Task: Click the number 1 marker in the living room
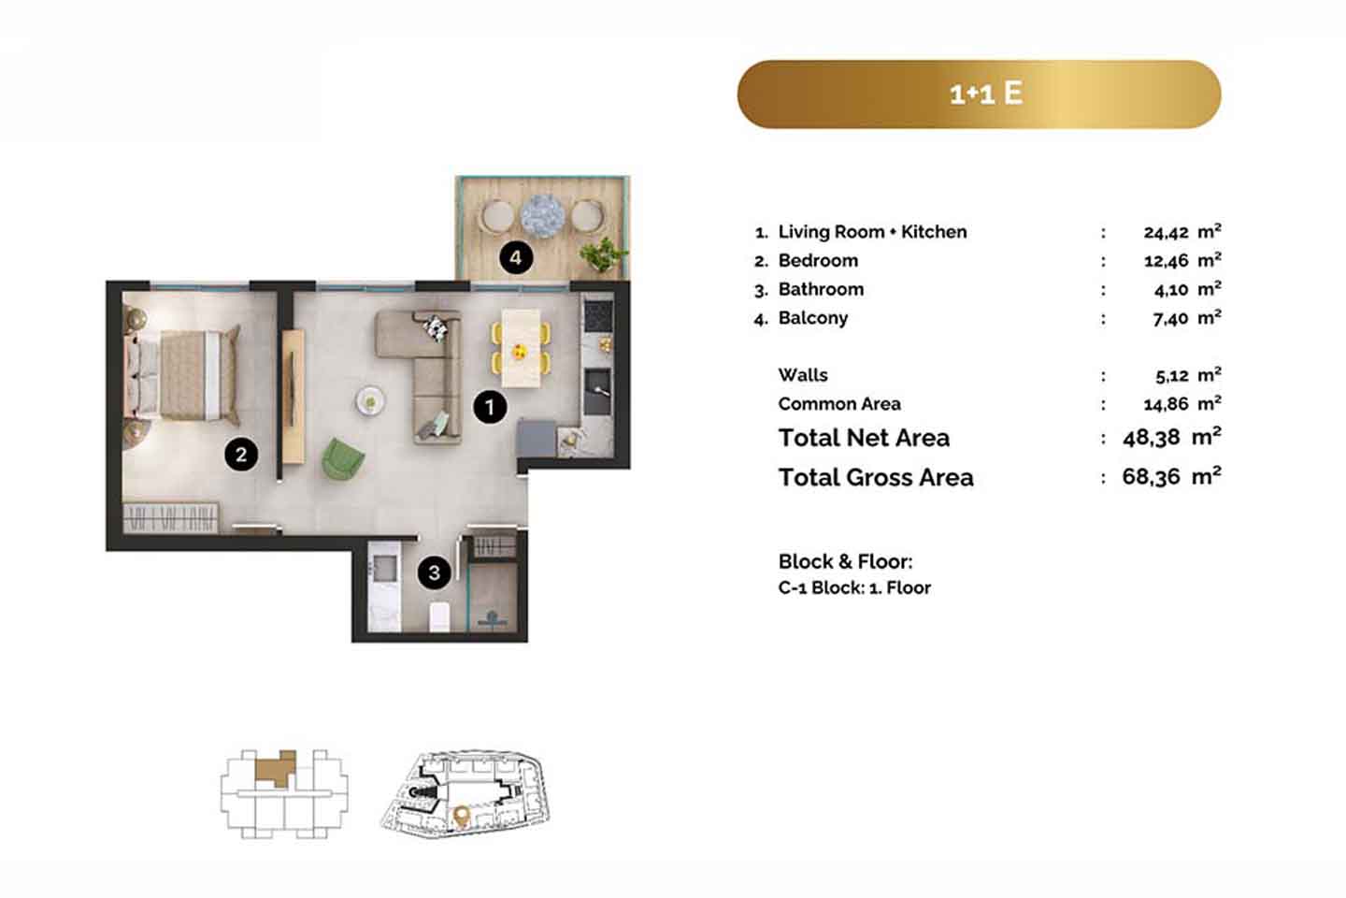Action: click(490, 407)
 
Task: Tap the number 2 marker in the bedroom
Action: click(241, 454)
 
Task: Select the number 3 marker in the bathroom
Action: click(435, 572)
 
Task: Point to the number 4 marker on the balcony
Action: click(516, 257)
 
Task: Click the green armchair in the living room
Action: click(342, 459)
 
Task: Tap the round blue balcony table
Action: click(542, 216)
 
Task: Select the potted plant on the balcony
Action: click(603, 253)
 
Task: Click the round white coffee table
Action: click(370, 400)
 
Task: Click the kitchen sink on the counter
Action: click(597, 392)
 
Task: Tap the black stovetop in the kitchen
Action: click(598, 315)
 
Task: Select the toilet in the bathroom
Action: click(439, 617)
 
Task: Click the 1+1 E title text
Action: click(986, 94)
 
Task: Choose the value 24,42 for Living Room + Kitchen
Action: click(1166, 233)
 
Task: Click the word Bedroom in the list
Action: click(818, 260)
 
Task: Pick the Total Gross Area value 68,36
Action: click(1151, 477)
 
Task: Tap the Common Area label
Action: click(838, 403)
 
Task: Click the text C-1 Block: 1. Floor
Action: click(854, 587)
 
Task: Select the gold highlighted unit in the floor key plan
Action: click(276, 767)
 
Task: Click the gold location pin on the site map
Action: click(462, 817)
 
